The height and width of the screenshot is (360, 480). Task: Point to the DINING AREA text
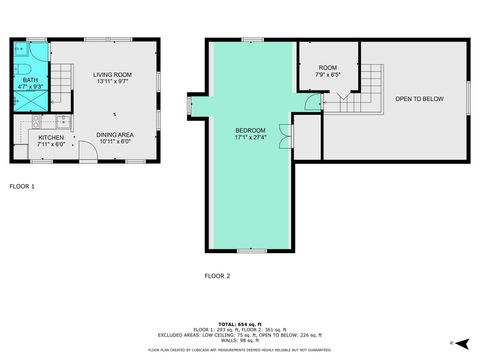click(x=115, y=135)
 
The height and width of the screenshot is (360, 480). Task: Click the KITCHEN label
click(x=51, y=137)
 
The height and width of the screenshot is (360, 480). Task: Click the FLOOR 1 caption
click(x=22, y=186)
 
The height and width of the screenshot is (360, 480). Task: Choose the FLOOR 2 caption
click(x=217, y=275)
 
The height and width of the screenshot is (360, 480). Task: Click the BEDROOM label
click(x=250, y=130)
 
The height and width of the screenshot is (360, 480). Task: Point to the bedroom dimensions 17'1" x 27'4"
click(x=250, y=138)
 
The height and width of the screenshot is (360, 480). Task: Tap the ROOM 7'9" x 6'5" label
click(x=328, y=71)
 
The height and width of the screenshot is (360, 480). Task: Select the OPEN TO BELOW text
click(x=418, y=99)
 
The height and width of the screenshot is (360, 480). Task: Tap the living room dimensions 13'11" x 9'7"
click(x=114, y=82)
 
